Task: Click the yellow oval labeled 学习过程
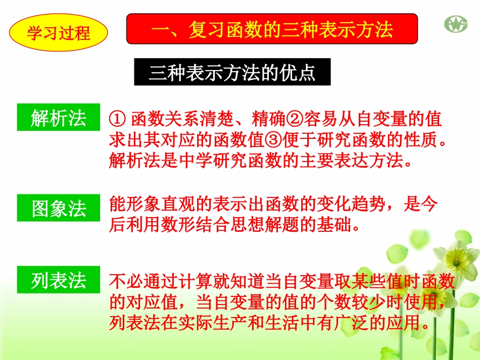point(59,33)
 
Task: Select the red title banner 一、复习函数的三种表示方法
point(272,29)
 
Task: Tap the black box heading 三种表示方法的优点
point(232,73)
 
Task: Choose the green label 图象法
point(59,208)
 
